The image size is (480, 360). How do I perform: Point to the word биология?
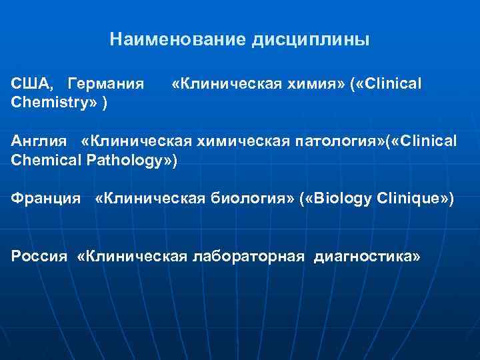tap(247, 199)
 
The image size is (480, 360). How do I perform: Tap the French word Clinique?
tap(415, 199)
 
